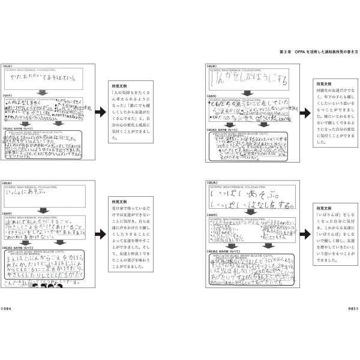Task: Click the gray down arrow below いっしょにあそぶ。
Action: [43, 209]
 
